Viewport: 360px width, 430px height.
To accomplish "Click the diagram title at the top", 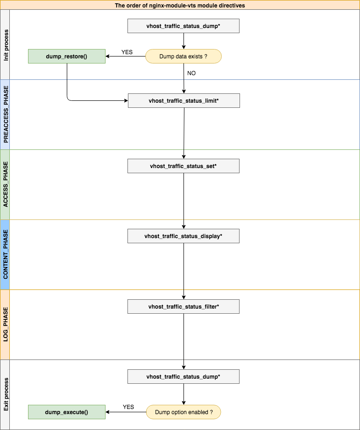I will click(180, 5).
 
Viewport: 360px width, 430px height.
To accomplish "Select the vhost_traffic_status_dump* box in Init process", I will click(184, 26).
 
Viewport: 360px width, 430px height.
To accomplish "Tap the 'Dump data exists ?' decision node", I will click(183, 56).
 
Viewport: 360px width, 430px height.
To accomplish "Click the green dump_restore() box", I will click(66, 56).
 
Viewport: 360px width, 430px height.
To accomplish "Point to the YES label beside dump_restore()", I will click(127, 52).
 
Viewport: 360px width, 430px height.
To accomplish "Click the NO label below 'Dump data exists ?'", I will click(191, 73).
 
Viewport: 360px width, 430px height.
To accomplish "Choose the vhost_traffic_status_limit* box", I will click(184, 101).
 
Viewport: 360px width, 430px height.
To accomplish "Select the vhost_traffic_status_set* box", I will click(184, 166).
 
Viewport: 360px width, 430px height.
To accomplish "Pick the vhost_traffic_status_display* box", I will click(184, 236).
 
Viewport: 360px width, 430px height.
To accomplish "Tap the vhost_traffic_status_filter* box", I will click(184, 306).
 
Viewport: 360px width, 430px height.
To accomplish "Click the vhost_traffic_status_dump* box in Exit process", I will click(184, 376).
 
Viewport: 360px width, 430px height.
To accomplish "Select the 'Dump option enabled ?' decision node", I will click(183, 412).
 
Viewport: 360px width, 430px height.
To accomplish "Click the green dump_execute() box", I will click(66, 412).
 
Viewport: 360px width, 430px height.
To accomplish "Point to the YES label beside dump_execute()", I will click(128, 407).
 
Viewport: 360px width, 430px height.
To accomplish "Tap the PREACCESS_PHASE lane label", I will click(5, 114).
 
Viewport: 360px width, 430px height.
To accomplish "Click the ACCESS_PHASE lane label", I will click(5, 184).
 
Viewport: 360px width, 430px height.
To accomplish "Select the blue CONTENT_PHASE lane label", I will click(5, 254).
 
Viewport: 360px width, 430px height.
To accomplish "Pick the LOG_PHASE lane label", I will click(5, 324).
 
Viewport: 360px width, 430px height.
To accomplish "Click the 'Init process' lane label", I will click(5, 44).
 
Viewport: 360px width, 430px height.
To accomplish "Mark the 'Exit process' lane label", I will click(5, 395).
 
